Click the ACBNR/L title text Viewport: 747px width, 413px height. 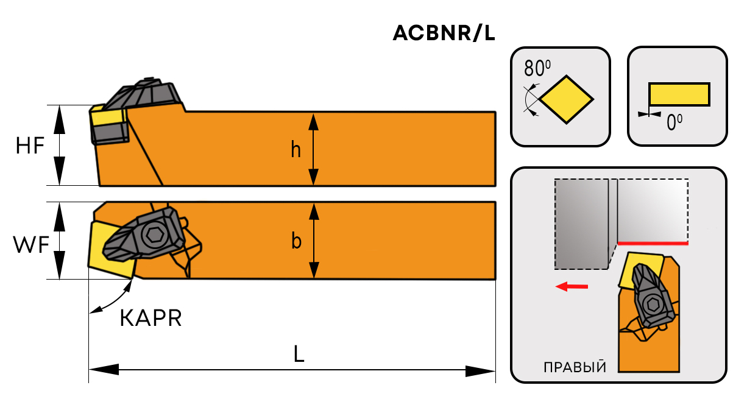tap(444, 34)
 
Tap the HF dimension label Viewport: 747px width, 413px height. tap(30, 146)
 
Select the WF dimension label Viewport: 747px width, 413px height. tap(30, 245)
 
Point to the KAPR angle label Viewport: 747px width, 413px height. tap(150, 318)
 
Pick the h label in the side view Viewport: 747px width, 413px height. tap(296, 149)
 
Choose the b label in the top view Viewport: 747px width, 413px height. tap(296, 242)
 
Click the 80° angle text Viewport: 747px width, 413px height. tap(537, 67)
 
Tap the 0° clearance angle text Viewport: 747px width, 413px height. tap(674, 122)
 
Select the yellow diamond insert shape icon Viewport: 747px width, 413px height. tap(567, 99)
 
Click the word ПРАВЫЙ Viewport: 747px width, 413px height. tap(575, 367)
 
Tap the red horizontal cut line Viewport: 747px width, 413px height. tap(653, 243)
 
